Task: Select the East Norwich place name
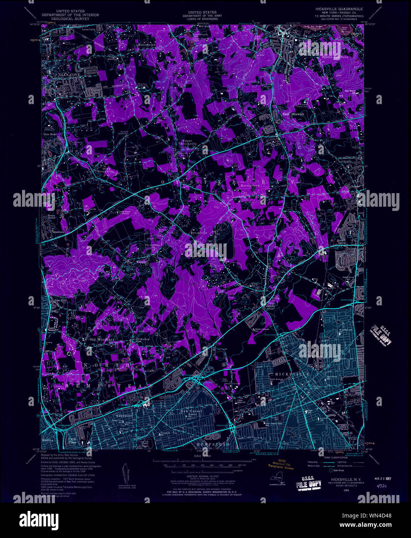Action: tap(293, 114)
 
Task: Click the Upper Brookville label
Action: tap(188, 142)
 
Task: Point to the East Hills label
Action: tap(61, 300)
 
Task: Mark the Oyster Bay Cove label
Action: tap(333, 57)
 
